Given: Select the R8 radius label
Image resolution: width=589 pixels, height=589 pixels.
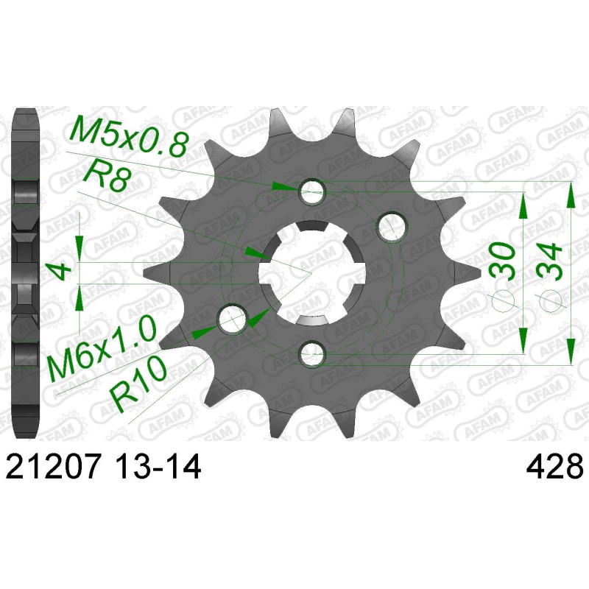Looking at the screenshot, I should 105,177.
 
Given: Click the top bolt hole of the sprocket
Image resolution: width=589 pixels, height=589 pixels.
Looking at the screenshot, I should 311,193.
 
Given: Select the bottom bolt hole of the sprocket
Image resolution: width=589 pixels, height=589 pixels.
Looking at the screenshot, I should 311,353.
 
